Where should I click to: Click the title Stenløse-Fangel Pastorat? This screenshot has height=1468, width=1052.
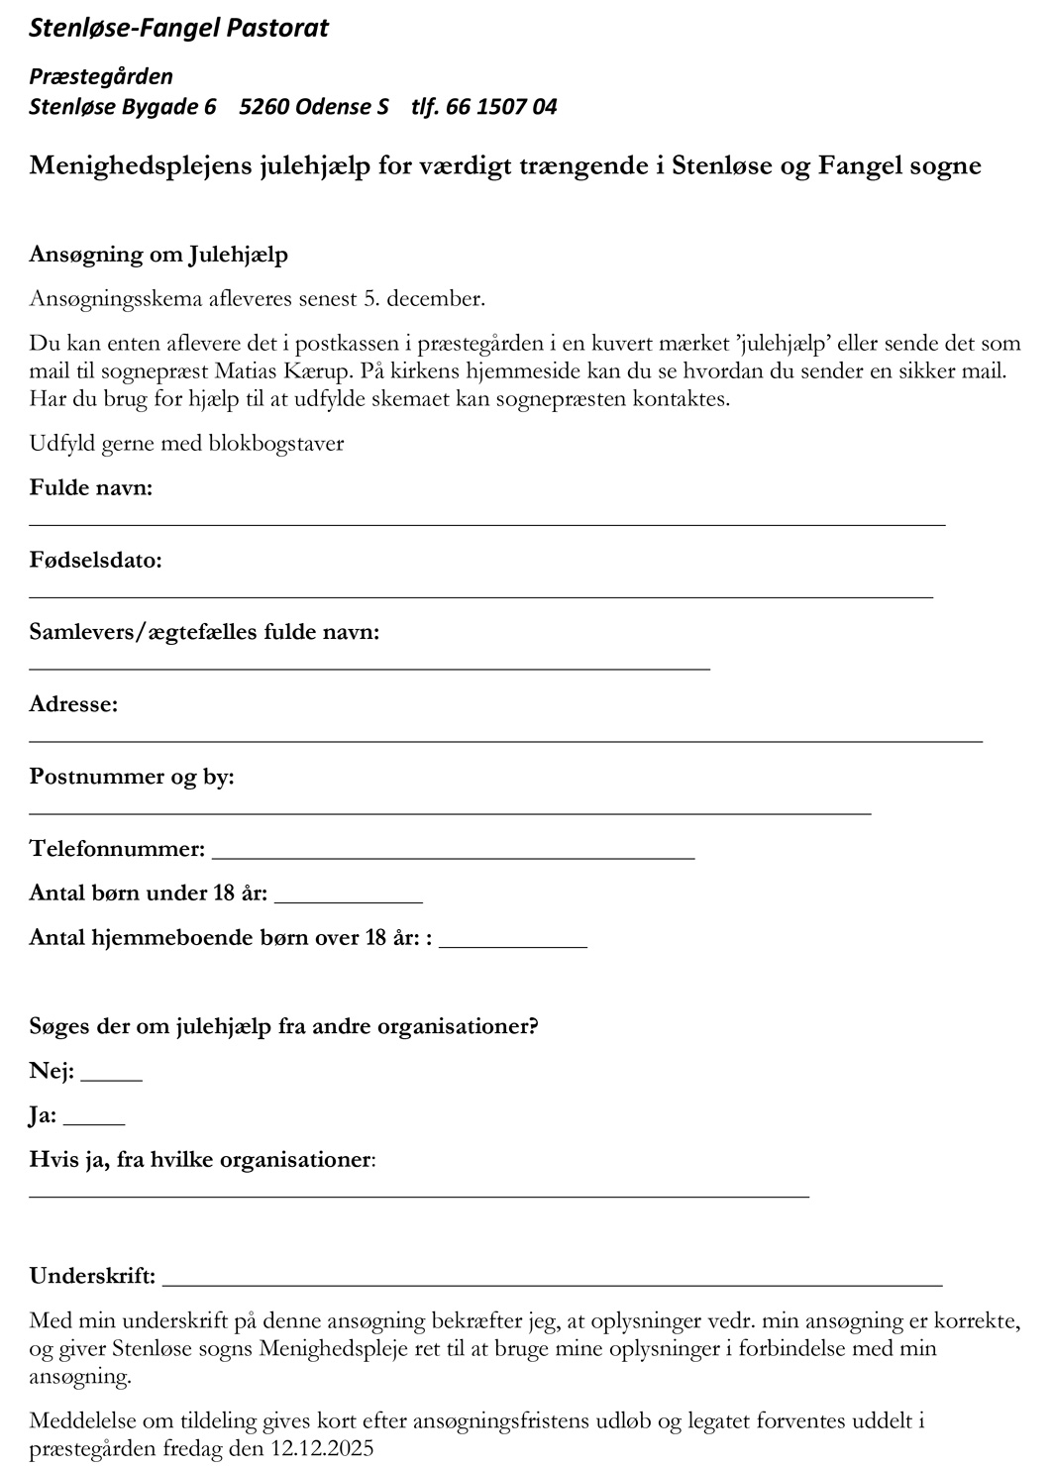[x=178, y=28]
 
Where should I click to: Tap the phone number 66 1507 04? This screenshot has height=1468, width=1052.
[x=501, y=107]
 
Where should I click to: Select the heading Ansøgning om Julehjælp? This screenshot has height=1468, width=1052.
[x=158, y=255]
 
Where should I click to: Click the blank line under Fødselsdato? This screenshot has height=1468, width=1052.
[x=480, y=595]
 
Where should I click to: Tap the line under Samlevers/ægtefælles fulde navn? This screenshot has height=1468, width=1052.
[x=369, y=668]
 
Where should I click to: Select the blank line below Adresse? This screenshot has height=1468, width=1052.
[x=505, y=739]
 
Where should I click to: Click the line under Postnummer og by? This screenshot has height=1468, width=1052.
[x=450, y=811]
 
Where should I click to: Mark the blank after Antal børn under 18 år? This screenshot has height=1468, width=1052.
[x=348, y=899]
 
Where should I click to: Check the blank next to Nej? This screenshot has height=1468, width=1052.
[x=111, y=1078]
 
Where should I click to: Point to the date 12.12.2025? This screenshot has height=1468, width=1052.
[x=322, y=1449]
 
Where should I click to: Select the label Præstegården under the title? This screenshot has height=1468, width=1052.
[x=101, y=76]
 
